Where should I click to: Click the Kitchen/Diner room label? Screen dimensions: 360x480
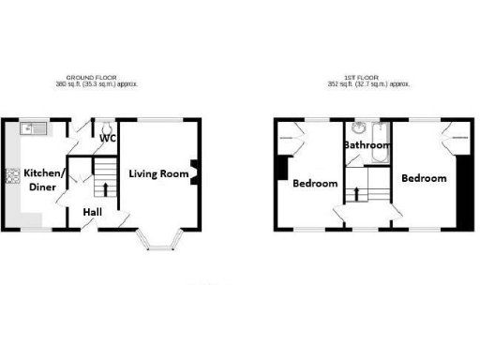coord(45,179)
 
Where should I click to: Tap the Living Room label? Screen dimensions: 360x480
coord(159,173)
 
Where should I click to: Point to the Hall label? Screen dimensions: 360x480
coord(93,213)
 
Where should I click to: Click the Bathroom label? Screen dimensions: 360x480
coord(367,145)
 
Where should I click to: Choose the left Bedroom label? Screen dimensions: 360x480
coord(315,183)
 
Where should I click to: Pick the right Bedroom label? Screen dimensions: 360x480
coord(424,177)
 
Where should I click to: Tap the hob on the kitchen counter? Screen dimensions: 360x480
coord(13,175)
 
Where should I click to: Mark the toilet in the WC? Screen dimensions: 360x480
coord(108,126)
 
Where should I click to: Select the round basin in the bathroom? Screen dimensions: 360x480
coord(357,128)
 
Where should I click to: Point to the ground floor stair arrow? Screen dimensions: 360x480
coord(105,189)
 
